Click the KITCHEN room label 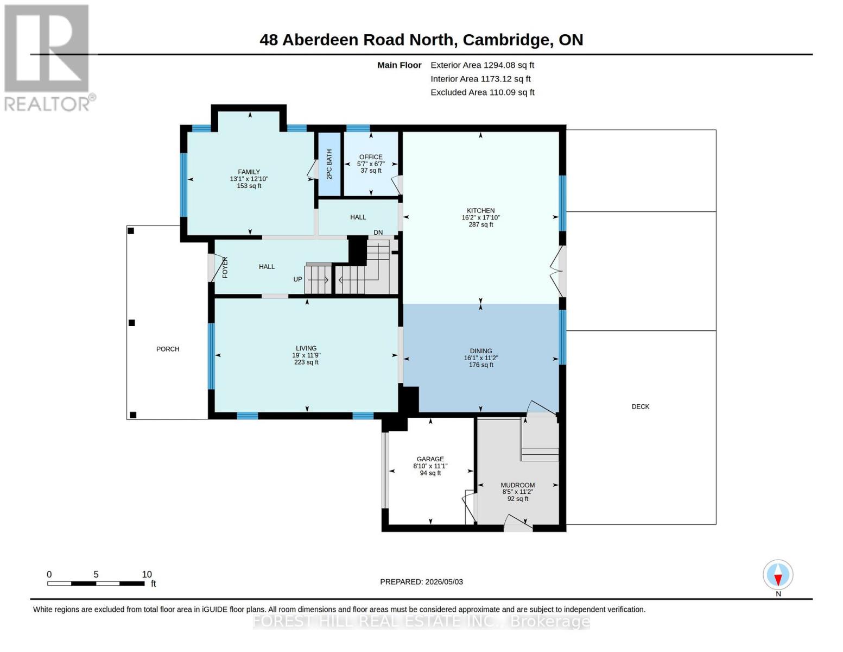480,210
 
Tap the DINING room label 480,350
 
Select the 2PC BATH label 329,164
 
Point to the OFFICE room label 371,157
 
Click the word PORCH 168,349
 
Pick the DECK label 640,406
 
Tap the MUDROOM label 517,485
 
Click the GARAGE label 430,459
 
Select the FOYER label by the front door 225,267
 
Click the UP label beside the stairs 297,279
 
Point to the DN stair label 378,232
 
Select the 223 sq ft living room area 306,362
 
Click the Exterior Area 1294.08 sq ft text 482,65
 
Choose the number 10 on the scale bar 147,574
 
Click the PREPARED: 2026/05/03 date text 421,582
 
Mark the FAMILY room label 249,172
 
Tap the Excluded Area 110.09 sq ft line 483,92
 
